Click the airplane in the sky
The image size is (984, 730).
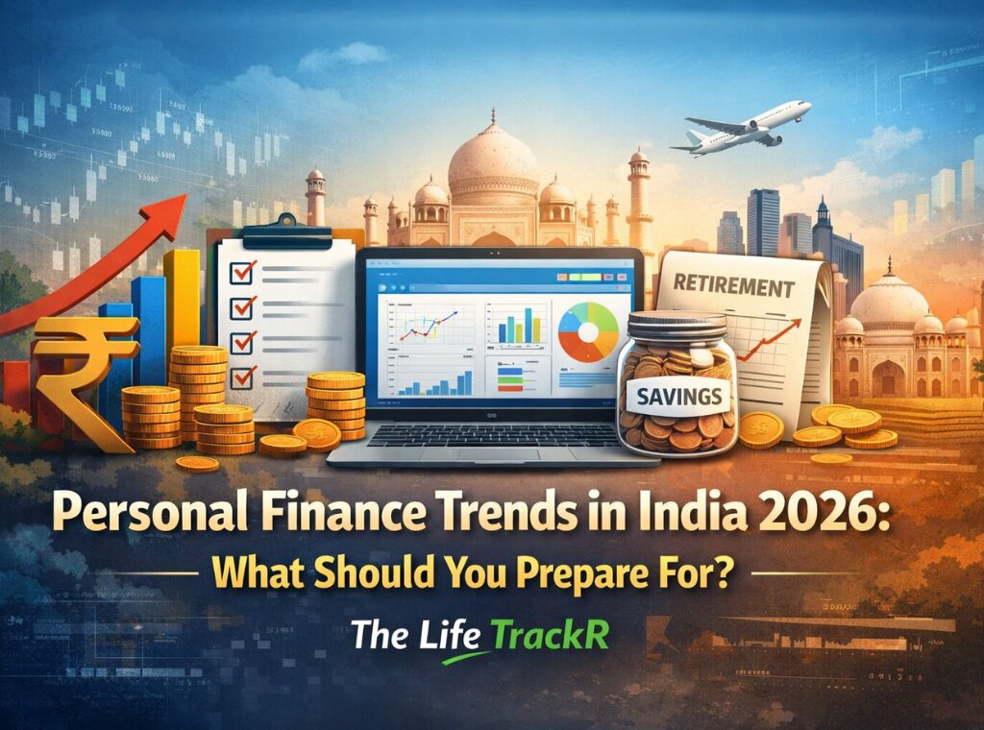[x=741, y=129]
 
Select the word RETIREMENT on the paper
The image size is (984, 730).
[x=735, y=287]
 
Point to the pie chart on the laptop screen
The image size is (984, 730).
[x=588, y=331]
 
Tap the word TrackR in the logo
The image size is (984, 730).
[x=550, y=634]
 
